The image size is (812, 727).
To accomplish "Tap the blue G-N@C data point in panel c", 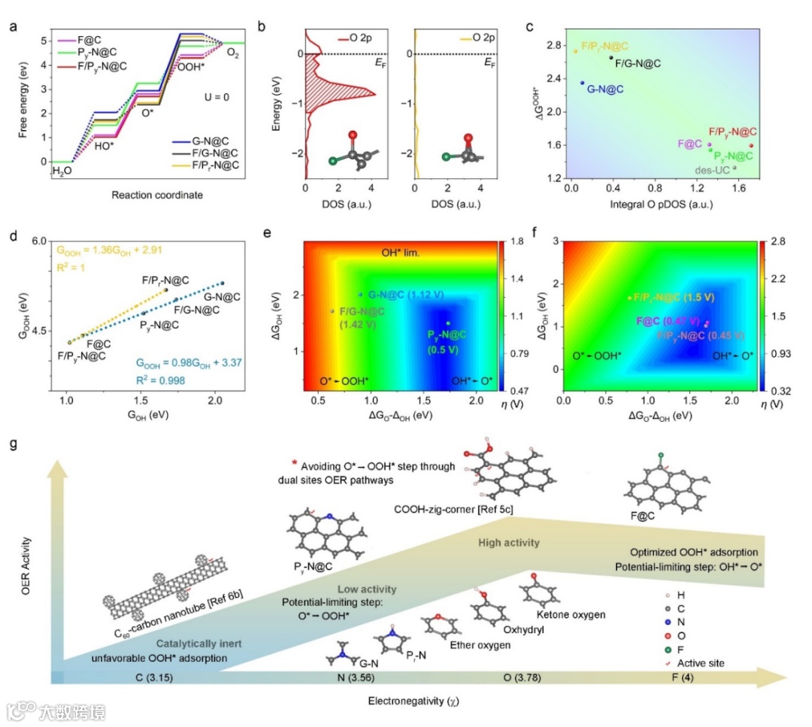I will [x=582, y=83].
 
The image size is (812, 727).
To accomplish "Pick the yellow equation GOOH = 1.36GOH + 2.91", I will [x=113, y=248].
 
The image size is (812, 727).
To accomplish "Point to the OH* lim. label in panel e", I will [x=401, y=255].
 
